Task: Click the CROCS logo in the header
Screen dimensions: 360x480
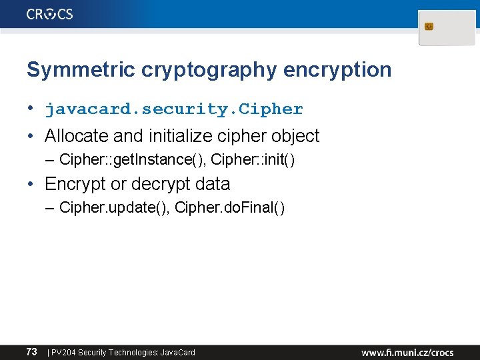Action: click(x=50, y=14)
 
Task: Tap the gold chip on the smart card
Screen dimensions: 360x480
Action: click(x=429, y=27)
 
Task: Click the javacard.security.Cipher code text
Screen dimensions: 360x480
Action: click(x=174, y=109)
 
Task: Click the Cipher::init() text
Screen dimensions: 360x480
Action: click(x=253, y=160)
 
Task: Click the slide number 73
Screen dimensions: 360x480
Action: click(x=31, y=351)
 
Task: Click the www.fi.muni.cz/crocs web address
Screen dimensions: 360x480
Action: click(x=408, y=352)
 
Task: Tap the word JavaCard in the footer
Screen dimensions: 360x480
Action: click(x=178, y=352)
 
